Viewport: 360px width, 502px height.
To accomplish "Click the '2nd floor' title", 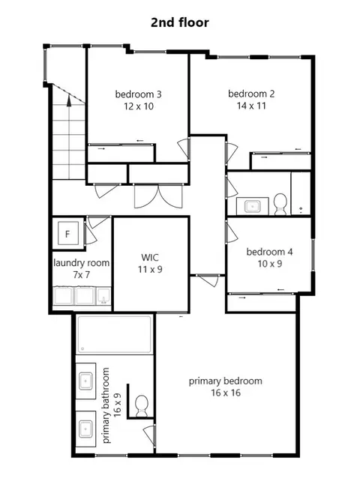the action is point(180,22).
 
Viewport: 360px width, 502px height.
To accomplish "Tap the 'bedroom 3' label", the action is point(139,94).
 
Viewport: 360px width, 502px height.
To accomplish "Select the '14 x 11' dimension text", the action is point(251,106).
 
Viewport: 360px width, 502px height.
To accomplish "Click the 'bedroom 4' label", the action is point(269,252).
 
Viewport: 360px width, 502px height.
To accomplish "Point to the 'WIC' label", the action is point(150,258).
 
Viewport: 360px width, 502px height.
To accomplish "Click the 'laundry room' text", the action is point(82,263).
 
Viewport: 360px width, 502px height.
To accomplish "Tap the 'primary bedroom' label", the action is point(225,381).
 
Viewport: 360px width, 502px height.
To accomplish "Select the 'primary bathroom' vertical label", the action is point(106,405).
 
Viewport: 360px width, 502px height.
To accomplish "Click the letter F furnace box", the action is point(67,233).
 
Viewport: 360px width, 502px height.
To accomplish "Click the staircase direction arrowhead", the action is point(69,100).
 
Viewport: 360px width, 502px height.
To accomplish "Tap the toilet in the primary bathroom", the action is point(141,405).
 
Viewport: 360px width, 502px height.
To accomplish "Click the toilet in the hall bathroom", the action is point(280,205).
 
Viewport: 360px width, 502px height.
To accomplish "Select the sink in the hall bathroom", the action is point(252,206).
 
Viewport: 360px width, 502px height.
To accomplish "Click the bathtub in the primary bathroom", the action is point(115,335).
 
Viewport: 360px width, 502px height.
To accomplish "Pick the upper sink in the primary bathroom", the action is point(86,381).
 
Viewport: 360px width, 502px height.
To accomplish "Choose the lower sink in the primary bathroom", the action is point(86,429).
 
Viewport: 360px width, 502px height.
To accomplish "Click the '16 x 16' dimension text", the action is point(226,393).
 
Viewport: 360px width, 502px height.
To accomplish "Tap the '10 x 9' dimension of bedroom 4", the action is point(270,264).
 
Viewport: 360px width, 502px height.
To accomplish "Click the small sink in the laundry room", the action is point(103,296).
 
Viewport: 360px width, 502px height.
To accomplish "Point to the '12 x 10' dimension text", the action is point(139,106).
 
